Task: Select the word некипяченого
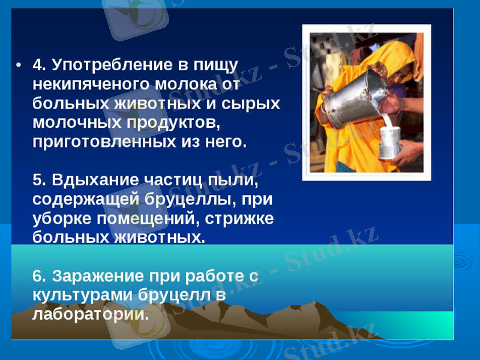click(86, 83)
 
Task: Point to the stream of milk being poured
click(388, 120)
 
